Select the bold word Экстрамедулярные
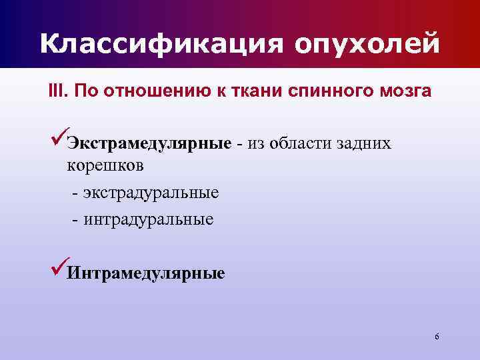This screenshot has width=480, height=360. point(149,144)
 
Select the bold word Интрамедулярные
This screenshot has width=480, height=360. point(147,273)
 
